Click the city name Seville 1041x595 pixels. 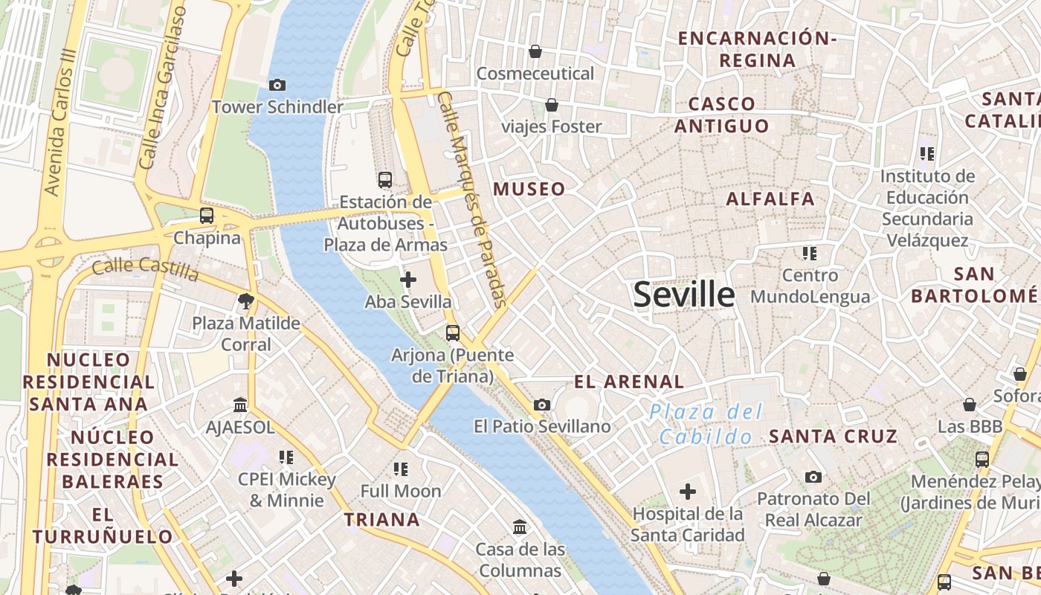[683, 295]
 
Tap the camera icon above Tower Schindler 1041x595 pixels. [277, 86]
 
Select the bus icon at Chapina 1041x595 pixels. [207, 216]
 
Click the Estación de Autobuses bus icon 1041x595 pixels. [385, 179]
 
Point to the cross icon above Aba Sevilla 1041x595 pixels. [408, 280]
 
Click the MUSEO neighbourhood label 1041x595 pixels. [529, 189]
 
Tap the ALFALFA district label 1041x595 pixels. [770, 199]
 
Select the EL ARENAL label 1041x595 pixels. [629, 382]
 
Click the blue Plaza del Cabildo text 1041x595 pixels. [706, 424]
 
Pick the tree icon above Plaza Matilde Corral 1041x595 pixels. [245, 301]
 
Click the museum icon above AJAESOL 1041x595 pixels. [240, 405]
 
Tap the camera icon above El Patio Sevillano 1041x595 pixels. [542, 405]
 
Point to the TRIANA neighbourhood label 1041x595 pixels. [382, 519]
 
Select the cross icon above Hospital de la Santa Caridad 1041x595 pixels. [688, 492]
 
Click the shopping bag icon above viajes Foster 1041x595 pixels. [552, 105]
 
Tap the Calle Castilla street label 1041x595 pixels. [146, 269]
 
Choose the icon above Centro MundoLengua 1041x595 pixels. [810, 254]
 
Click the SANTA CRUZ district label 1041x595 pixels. [833, 437]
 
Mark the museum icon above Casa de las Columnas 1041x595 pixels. [520, 527]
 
